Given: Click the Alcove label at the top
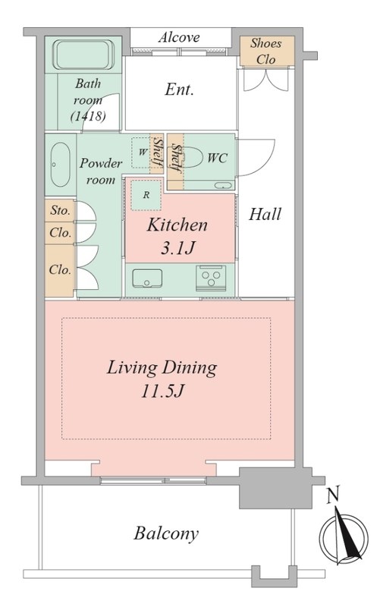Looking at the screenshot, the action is tap(179, 37).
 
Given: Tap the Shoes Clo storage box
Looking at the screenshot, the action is tap(267, 51).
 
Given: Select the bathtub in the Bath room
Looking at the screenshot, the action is tap(83, 55).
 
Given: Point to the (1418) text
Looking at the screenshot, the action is tap(88, 115).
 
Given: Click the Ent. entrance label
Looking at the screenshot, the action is tap(179, 90).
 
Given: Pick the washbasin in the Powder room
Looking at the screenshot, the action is tap(61, 165).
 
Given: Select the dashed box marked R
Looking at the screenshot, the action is tap(146, 195).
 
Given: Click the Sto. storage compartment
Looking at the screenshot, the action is tap(59, 211).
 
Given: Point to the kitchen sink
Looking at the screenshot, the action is tap(147, 278).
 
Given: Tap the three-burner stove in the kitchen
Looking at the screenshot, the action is tap(211, 278).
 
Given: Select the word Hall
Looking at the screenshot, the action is tap(265, 214).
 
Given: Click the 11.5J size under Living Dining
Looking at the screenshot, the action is tap(162, 392).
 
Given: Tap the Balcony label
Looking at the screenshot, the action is tap(166, 533).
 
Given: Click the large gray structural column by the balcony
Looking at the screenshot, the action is tap(275, 488).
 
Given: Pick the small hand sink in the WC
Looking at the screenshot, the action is tap(224, 185).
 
